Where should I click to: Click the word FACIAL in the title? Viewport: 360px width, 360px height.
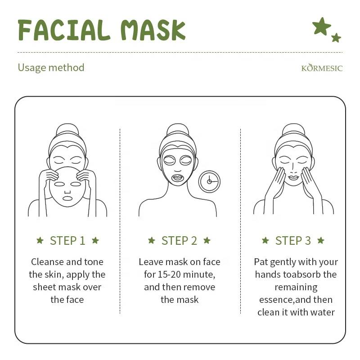pos(64,30)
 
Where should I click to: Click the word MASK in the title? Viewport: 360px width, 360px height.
pos(153,30)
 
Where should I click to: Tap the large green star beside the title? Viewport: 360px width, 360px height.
pos(321,26)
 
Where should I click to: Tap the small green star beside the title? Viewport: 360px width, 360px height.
pos(336,38)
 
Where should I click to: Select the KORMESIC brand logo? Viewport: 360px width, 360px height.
pos(322,67)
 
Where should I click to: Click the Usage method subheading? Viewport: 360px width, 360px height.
pos(51,68)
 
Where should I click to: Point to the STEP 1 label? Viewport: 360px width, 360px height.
pos(67,241)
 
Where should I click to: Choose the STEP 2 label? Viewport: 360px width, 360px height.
pos(179,241)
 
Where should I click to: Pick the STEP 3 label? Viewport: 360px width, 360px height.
pos(293,241)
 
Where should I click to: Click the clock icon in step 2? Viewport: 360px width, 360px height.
pos(209,182)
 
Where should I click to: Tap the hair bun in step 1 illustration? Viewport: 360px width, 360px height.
pos(67,130)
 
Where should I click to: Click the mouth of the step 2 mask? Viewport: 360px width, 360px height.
pos(178,178)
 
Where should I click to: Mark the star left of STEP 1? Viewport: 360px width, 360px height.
pos(40,240)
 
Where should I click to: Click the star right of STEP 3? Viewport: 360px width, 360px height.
pos(321,240)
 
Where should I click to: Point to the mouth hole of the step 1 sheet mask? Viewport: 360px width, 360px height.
pos(67,198)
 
